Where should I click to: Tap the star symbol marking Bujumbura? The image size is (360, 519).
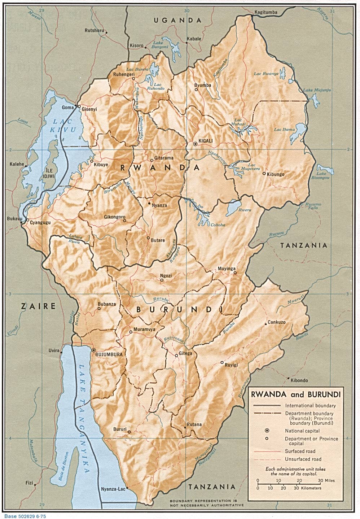point(93,350)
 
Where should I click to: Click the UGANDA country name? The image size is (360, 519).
point(177,21)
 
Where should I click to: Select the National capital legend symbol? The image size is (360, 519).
point(267,431)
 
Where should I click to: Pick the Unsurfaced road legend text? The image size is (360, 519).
point(303,459)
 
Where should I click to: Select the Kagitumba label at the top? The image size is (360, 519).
point(266,12)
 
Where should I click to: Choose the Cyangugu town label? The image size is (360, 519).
point(40,222)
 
